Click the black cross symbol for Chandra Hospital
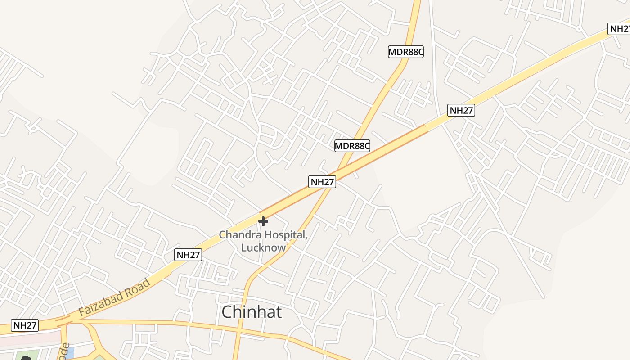point(263,221)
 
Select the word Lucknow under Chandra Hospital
point(263,247)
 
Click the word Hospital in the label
point(286,234)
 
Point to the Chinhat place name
point(252,311)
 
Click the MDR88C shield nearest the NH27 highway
point(352,145)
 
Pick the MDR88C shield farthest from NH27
point(406,52)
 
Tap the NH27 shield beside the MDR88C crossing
point(322,182)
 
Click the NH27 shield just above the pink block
point(25,325)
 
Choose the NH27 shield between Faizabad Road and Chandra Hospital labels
point(188,255)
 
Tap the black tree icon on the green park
point(26,358)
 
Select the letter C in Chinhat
point(228,311)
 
